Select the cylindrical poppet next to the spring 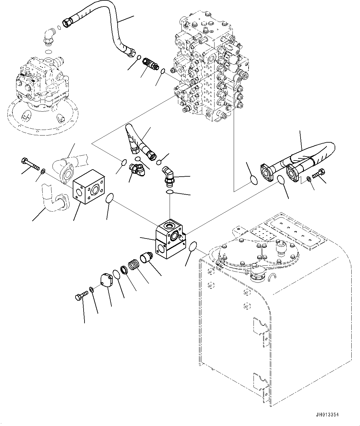146,257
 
